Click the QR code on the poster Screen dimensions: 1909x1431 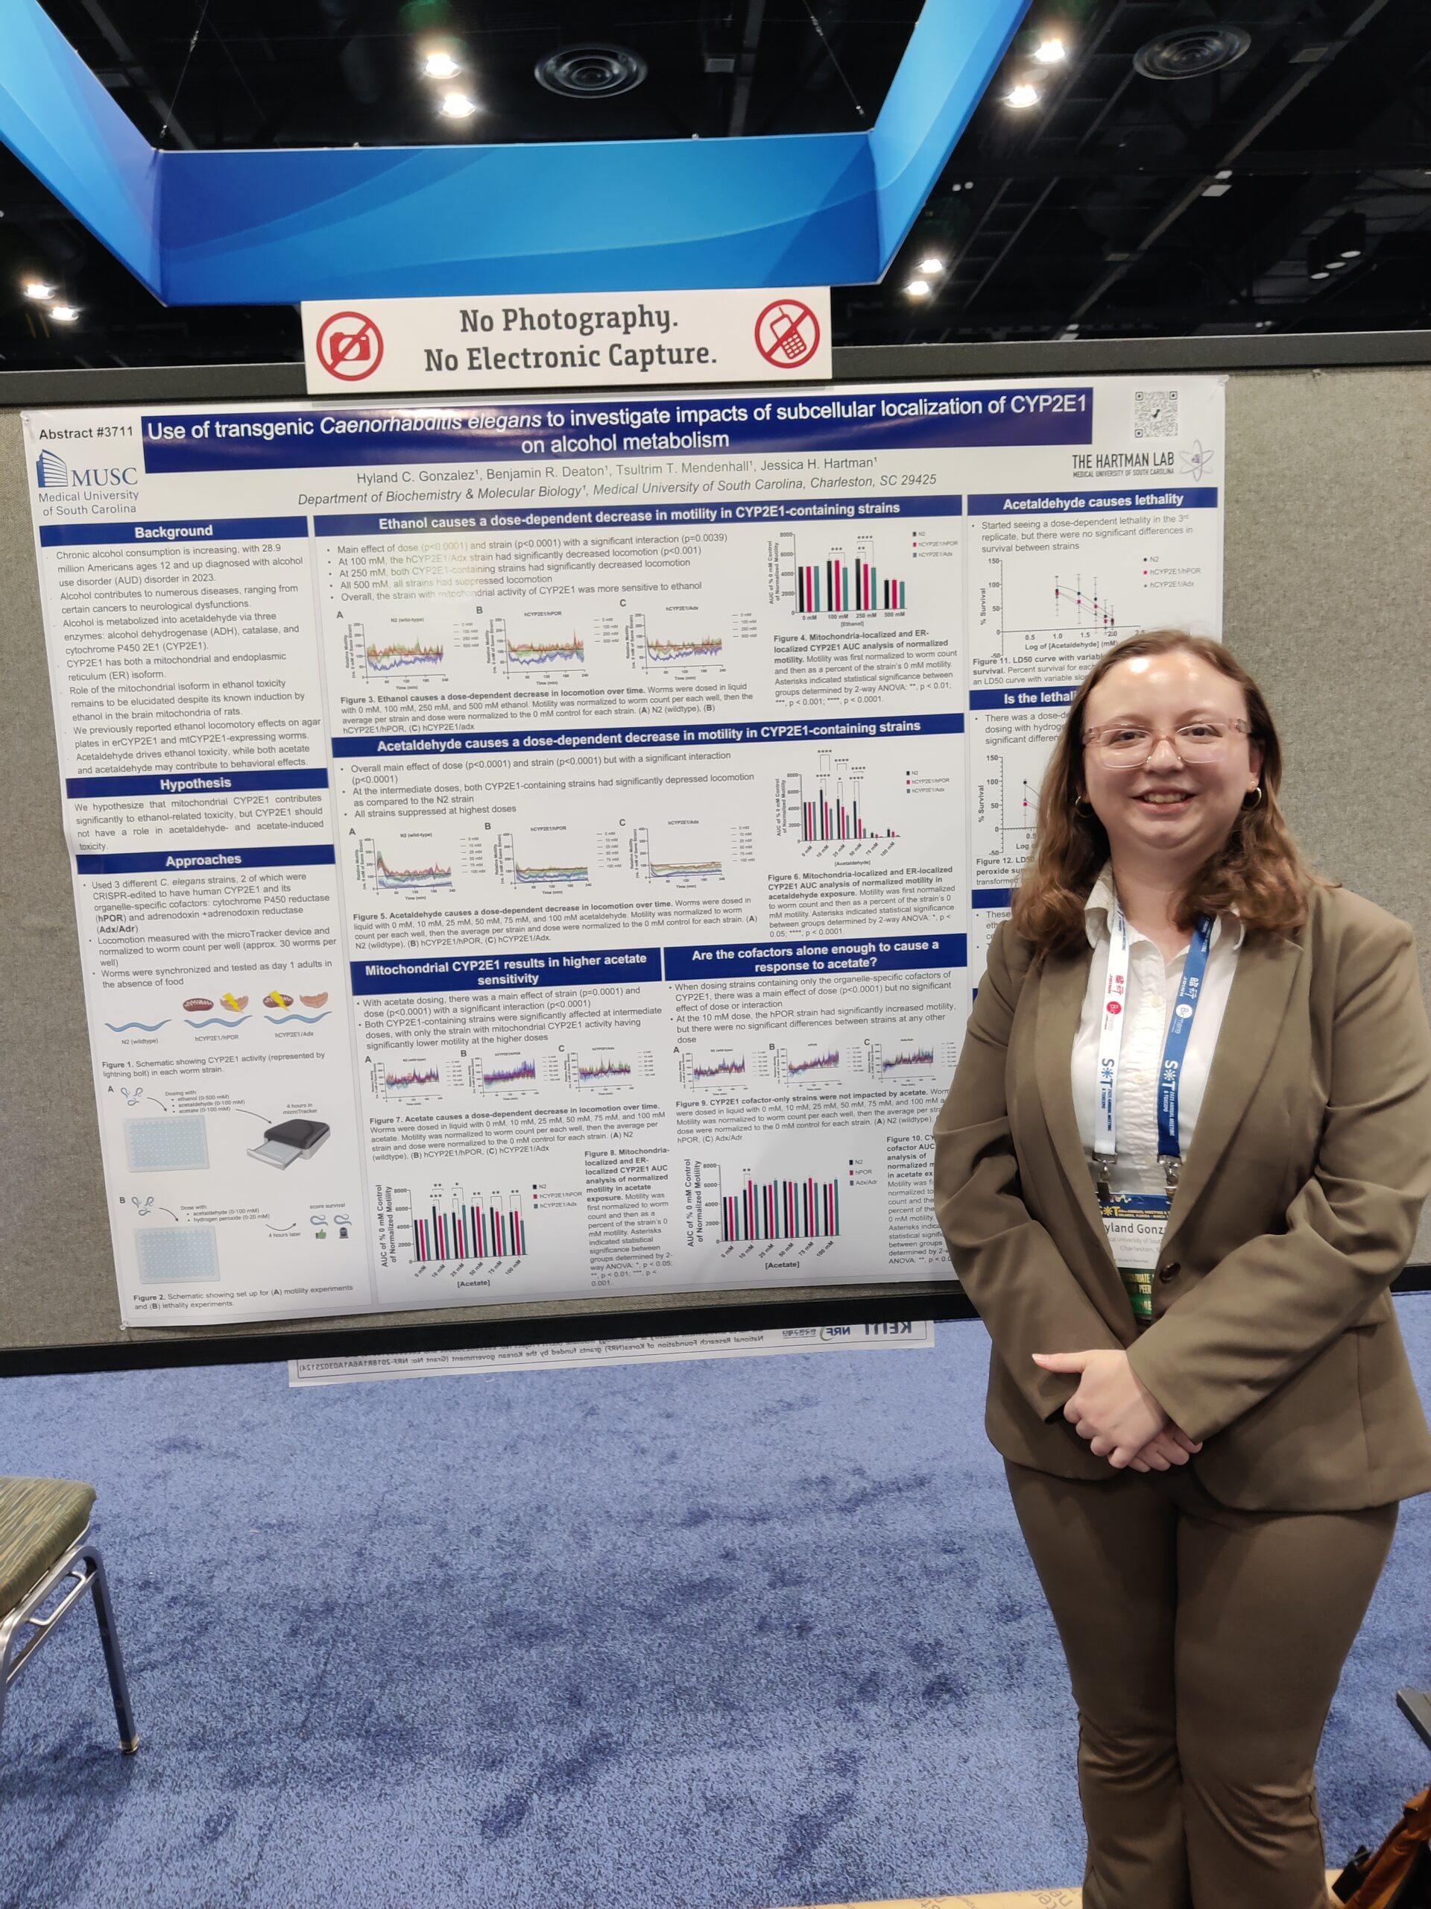point(1155,413)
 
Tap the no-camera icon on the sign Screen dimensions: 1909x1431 point(350,345)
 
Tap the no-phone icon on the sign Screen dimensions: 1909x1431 point(786,334)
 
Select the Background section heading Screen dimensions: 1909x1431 point(174,531)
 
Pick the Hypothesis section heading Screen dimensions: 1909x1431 point(196,784)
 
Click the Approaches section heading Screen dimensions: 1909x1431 point(203,860)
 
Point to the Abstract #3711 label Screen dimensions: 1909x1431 point(86,433)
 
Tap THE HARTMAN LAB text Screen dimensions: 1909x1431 point(1122,461)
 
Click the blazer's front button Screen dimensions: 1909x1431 point(1169,1271)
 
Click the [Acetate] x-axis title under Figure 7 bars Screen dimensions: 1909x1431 point(473,1283)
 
